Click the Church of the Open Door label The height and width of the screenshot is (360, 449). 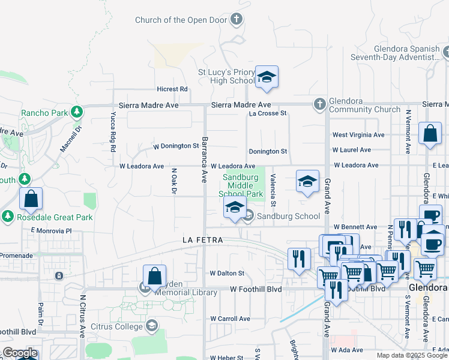click(181, 20)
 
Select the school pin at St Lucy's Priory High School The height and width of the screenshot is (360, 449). click(267, 77)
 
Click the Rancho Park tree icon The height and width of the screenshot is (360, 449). click(76, 112)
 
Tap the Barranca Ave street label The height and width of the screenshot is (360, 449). click(205, 160)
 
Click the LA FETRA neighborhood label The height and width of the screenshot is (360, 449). click(203, 240)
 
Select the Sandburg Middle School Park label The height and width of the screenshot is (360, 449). click(243, 185)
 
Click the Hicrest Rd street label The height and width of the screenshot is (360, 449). click(172, 89)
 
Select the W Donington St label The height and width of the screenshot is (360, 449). click(176, 146)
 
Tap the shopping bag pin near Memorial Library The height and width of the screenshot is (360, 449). click(154, 277)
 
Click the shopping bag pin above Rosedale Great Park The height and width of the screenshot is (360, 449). click(31, 199)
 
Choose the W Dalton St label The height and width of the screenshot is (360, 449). click(227, 273)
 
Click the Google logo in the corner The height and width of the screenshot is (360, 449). click(20, 353)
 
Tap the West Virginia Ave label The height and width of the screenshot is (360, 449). click(358, 135)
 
